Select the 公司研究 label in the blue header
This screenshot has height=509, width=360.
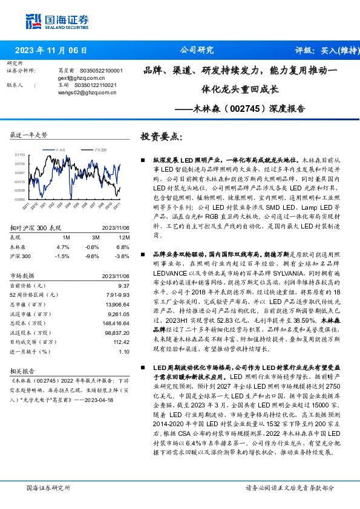coord(197,51)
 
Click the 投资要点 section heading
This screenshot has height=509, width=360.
coord(161,137)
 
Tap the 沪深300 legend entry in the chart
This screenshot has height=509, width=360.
coord(99,149)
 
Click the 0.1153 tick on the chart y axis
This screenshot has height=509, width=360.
coord(20,155)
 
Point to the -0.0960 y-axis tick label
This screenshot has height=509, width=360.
coord(19,199)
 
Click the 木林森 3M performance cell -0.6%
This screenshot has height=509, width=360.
coord(92,247)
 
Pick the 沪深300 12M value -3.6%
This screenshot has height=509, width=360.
coord(122,256)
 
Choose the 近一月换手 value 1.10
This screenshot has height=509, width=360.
coord(124,351)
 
